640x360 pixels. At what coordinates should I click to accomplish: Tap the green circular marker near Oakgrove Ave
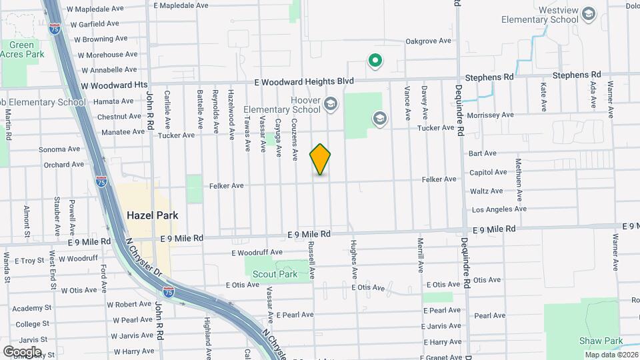[x=375, y=62]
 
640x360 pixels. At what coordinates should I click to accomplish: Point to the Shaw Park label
[x=600, y=341]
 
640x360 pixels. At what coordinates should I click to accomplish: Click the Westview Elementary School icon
[x=588, y=13]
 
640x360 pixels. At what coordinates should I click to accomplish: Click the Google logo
[x=22, y=351]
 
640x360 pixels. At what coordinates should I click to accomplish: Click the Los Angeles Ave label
[x=499, y=209]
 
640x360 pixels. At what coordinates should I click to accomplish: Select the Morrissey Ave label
[x=491, y=115]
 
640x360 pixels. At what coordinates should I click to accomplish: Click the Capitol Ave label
[x=488, y=172]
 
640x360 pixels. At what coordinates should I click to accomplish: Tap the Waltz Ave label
[x=486, y=191]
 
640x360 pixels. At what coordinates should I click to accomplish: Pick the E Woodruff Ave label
[x=257, y=253]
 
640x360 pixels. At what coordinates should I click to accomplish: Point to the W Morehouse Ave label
[x=105, y=55]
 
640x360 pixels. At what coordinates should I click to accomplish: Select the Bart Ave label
[x=483, y=153]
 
